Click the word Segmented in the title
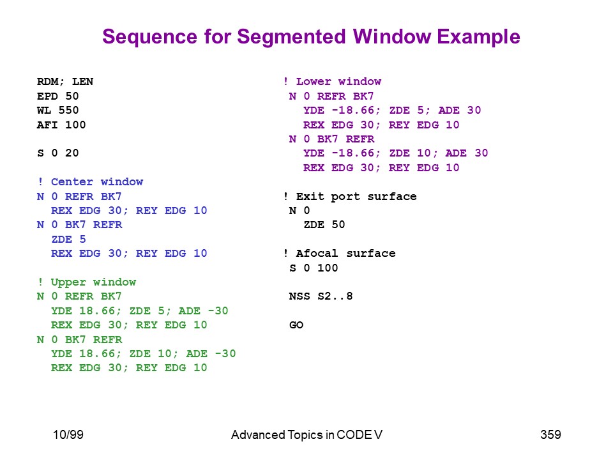coord(292,38)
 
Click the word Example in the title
coord(478,38)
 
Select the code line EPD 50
coord(58,96)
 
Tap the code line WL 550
coord(58,111)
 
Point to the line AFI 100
coord(61,125)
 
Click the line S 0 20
coord(58,153)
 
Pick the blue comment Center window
coord(91,182)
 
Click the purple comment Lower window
coord(332,81)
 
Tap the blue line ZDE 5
coord(68,239)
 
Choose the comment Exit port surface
coord(351,196)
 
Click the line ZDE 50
coord(324,224)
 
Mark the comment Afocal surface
coord(339,254)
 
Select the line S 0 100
coord(314,268)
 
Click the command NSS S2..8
coord(321,296)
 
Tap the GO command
coord(296,325)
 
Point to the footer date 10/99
coord(68,434)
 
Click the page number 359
coord(550,434)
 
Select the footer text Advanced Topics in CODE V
coord(307,434)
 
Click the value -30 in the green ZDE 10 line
coord(225,353)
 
